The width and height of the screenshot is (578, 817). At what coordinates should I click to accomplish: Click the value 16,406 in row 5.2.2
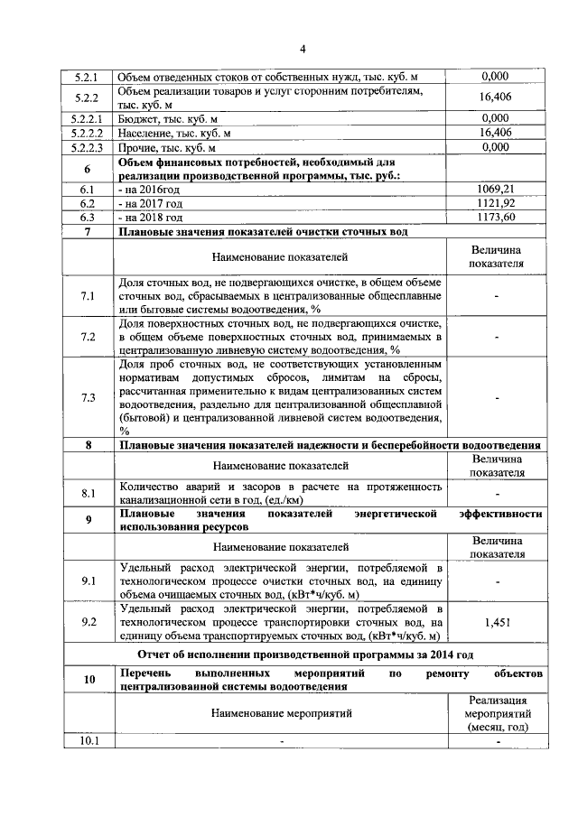point(495,97)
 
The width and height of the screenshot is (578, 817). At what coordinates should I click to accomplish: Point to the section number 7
point(87,232)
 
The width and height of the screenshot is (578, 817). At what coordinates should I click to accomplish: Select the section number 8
point(87,445)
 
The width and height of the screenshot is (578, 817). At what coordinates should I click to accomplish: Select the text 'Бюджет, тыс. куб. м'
point(169,117)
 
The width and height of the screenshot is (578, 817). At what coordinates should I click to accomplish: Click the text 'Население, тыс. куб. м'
point(174,132)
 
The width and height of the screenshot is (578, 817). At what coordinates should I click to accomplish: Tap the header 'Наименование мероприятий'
point(281,713)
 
